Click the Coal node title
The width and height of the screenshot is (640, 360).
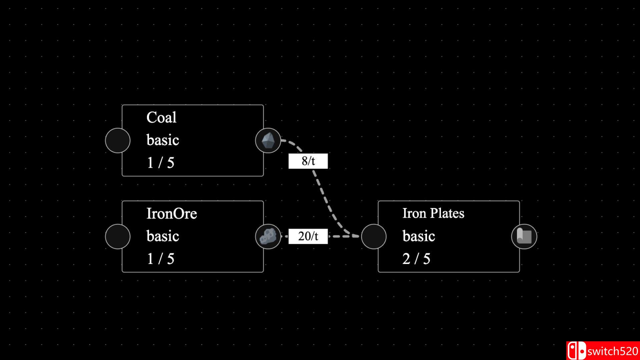pyautogui.click(x=161, y=118)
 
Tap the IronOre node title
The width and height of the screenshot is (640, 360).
pyautogui.click(x=172, y=214)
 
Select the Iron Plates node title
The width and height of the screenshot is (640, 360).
pyautogui.click(x=433, y=213)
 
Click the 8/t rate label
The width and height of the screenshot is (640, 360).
pyautogui.click(x=308, y=161)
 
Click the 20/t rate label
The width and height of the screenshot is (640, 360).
pyautogui.click(x=308, y=236)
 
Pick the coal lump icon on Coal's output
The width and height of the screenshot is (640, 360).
pyautogui.click(x=268, y=140)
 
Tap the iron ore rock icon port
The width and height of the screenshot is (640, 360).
pyautogui.click(x=268, y=236)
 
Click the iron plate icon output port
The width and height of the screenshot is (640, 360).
pyautogui.click(x=524, y=236)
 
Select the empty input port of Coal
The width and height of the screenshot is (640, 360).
pyautogui.click(x=118, y=140)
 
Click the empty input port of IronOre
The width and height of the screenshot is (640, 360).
pyautogui.click(x=118, y=236)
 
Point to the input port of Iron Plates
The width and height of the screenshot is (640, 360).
pyautogui.click(x=374, y=236)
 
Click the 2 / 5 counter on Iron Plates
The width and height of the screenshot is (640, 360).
pyautogui.click(x=416, y=259)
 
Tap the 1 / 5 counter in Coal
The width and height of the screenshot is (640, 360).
pyautogui.click(x=161, y=163)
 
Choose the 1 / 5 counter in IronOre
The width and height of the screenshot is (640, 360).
pyautogui.click(x=161, y=259)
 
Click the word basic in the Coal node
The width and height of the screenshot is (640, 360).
pyautogui.click(x=163, y=140)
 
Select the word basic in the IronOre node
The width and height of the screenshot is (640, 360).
pyautogui.click(x=163, y=236)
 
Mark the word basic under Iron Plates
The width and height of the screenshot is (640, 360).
pyautogui.click(x=419, y=236)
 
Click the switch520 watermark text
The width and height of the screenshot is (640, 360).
pyautogui.click(x=613, y=351)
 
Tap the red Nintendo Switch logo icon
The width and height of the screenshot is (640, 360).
pyautogui.click(x=577, y=351)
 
